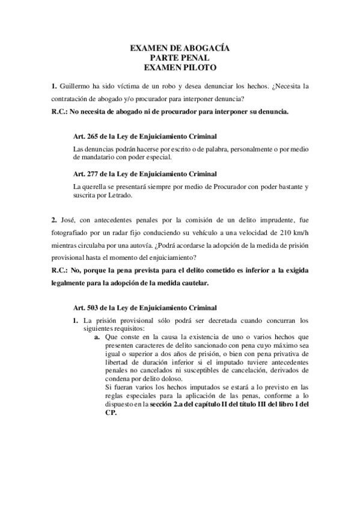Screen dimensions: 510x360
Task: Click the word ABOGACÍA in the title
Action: (x=204, y=48)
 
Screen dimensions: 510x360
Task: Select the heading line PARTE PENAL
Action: (x=180, y=58)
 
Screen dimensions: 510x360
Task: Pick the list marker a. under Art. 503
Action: (x=97, y=338)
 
